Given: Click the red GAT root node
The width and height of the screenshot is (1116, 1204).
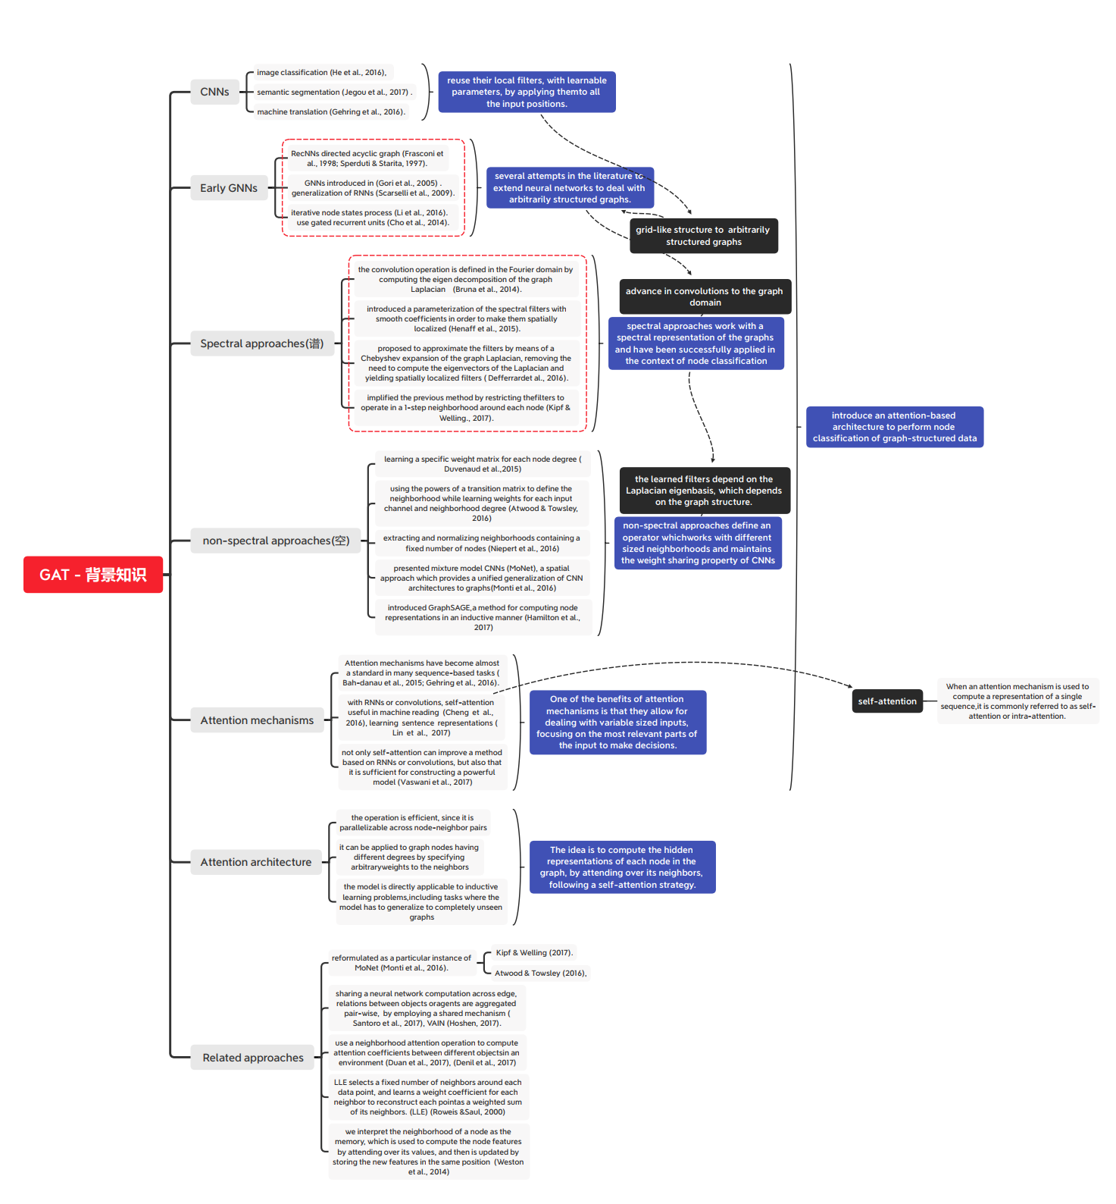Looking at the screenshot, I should point(92,575).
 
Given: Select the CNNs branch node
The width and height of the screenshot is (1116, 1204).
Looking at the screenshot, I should point(214,92).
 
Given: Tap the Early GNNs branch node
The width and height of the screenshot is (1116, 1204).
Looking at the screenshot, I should point(228,188).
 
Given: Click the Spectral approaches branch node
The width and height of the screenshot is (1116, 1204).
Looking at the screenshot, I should point(261,343).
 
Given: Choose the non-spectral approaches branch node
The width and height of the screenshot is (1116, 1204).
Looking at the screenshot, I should point(275,541).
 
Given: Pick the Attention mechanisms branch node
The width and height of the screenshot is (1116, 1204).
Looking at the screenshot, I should point(256,720).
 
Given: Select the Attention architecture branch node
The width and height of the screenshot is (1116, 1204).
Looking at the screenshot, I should point(255,862).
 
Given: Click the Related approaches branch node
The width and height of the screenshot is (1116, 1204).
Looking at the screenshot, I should point(252,1058).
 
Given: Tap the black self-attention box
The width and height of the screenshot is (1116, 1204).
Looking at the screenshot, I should point(886,701).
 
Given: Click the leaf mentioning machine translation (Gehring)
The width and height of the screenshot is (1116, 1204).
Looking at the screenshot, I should point(330,111).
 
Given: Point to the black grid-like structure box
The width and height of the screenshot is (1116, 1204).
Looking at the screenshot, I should point(703,236).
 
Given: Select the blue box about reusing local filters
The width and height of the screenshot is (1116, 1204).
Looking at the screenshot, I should point(527,92).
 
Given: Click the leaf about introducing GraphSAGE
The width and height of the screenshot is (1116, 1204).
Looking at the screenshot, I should point(483,617).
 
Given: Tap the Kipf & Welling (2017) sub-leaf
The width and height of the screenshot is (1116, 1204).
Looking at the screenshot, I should point(534,953).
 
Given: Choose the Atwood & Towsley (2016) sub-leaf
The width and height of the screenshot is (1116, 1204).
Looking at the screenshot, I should point(540,973).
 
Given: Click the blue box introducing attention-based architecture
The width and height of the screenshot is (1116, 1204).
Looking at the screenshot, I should point(894,427).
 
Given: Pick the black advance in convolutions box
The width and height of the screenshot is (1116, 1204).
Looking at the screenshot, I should point(705,296).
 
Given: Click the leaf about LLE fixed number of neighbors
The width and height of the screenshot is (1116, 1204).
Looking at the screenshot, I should point(428,1097).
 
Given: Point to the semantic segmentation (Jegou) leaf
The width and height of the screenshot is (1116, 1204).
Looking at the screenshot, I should point(334,92).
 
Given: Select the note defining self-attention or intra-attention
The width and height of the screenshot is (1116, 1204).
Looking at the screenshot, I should point(1018,701).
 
